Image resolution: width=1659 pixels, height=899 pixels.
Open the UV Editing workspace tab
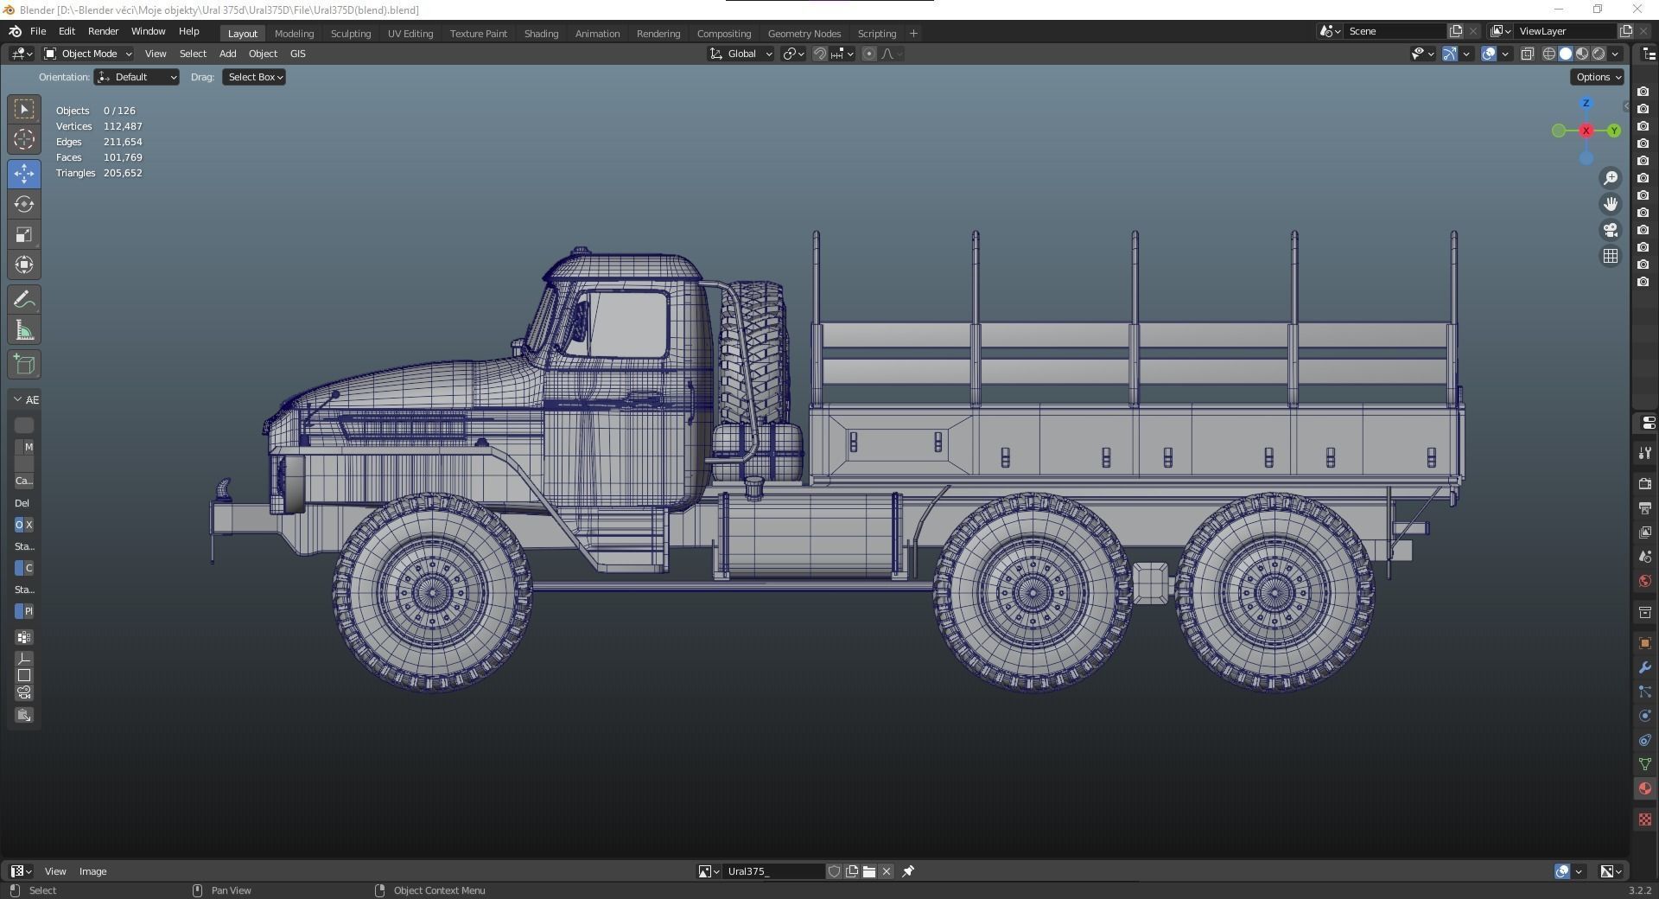(410, 34)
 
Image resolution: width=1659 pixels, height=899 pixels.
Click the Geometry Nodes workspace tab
(804, 34)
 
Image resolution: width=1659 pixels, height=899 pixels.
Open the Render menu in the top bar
(103, 31)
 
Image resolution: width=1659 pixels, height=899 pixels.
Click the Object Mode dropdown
(88, 54)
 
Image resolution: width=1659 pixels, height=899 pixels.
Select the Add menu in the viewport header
(227, 54)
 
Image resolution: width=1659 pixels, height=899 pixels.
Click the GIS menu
(297, 54)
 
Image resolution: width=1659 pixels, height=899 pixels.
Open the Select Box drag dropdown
(255, 77)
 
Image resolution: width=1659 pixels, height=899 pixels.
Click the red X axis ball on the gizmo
(1586, 131)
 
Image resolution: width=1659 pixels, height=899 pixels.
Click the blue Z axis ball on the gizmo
(1586, 103)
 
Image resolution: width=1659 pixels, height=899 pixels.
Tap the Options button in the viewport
(1596, 77)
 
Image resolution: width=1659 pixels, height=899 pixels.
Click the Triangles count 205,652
(123, 173)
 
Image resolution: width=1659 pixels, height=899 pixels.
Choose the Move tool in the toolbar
(24, 174)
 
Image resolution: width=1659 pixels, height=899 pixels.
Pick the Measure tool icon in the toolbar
(24, 330)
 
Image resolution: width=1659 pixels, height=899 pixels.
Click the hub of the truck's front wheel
(431, 592)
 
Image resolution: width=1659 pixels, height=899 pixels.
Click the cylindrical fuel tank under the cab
(808, 536)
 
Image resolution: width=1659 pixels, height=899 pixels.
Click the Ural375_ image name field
(772, 871)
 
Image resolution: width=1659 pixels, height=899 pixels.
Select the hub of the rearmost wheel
(1274, 592)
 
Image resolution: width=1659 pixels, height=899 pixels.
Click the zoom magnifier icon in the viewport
(1611, 178)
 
